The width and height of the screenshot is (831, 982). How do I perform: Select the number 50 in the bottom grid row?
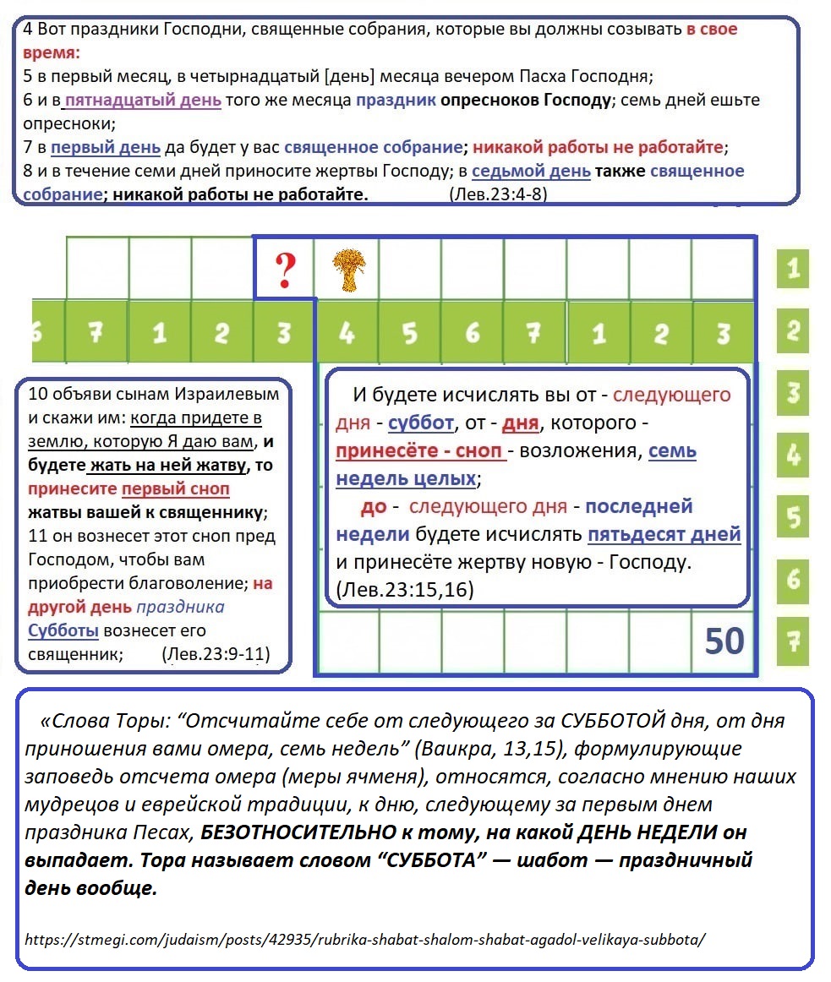(724, 641)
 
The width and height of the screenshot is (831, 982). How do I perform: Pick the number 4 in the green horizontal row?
(347, 333)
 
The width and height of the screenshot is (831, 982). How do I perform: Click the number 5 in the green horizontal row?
(409, 333)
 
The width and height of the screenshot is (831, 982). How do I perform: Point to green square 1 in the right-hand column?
(793, 270)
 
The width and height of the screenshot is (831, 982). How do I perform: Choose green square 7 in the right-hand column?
(793, 641)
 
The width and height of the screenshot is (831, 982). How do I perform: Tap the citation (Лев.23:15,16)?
(405, 589)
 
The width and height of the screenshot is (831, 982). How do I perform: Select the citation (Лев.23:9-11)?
(215, 654)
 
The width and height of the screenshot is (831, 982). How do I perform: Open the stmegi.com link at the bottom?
(364, 939)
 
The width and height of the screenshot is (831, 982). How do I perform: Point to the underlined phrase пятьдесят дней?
(664, 534)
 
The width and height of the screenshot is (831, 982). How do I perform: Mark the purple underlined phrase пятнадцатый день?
(143, 100)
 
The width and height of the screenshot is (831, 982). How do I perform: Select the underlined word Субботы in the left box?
(63, 630)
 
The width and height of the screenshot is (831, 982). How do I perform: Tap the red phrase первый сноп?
(176, 489)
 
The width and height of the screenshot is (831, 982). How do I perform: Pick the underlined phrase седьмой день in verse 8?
(531, 171)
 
